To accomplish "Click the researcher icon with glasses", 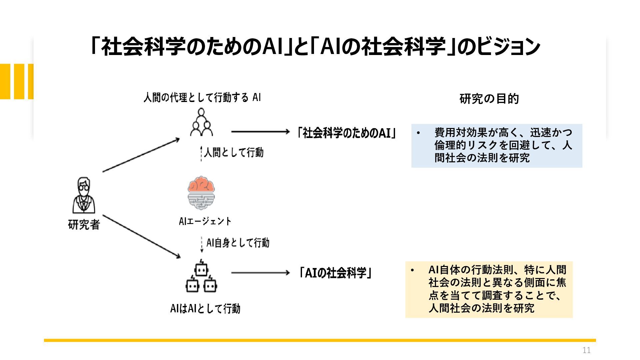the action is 84,195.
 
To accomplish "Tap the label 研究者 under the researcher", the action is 84,224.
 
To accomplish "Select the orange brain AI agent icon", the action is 201,193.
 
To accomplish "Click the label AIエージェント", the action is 205,221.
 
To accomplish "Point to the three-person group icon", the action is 201,122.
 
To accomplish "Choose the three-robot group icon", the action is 201,276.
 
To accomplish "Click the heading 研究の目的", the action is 489,99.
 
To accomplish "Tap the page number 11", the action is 586,350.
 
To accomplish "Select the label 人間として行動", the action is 234,152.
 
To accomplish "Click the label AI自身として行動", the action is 238,243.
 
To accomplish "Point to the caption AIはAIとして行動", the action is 205,309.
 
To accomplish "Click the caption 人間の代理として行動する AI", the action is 202,98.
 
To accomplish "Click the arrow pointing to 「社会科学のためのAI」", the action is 261,132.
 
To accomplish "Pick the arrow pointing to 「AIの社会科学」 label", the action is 261,273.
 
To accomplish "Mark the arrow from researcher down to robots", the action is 142,237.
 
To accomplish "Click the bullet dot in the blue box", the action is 419,133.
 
